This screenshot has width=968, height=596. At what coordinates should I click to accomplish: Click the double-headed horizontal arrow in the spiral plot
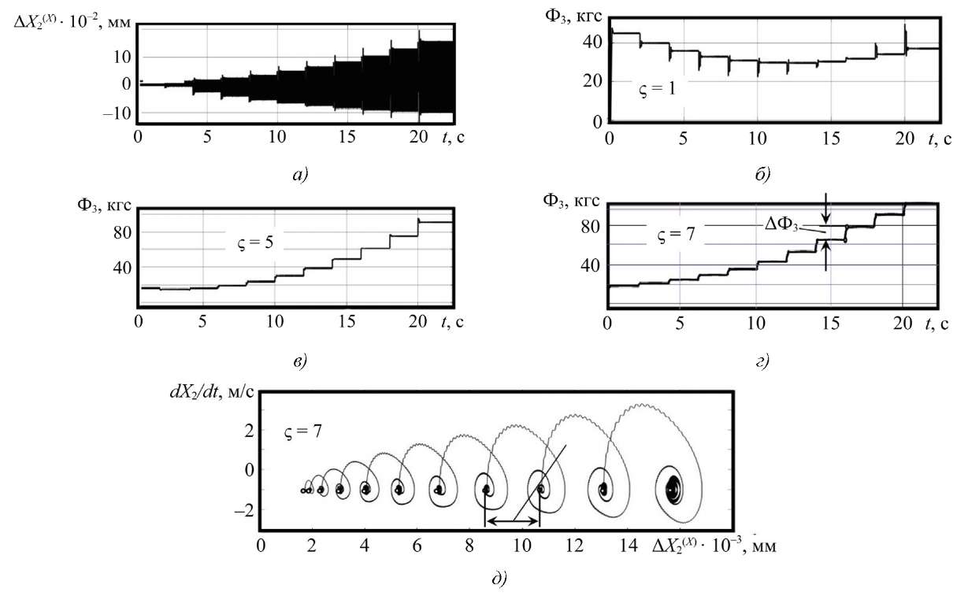(512, 521)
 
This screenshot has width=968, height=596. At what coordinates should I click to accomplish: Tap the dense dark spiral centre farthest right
(673, 487)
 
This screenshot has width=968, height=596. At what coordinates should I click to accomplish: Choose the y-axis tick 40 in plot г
(591, 265)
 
